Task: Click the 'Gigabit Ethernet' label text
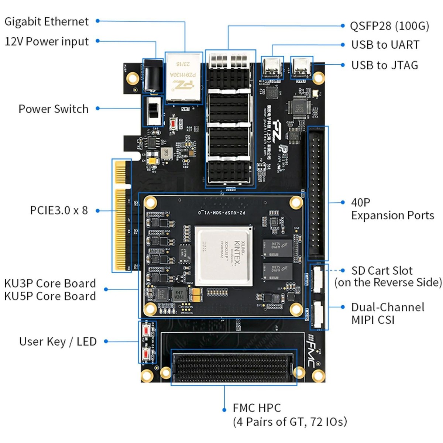(x=47, y=21)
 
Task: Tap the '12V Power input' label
(x=47, y=41)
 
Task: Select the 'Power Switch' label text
(x=54, y=109)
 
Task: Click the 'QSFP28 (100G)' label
(x=389, y=26)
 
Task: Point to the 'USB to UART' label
(x=385, y=45)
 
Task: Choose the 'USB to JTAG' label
(x=384, y=65)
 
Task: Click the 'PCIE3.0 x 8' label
(x=59, y=210)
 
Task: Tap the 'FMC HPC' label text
(x=257, y=408)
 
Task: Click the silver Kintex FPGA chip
(x=224, y=255)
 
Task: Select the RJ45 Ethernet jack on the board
(x=183, y=78)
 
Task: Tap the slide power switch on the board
(x=152, y=110)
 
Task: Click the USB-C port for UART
(x=272, y=67)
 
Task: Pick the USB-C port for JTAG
(x=302, y=67)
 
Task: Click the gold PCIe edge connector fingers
(x=121, y=216)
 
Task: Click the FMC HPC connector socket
(x=233, y=366)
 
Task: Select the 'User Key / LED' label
(x=58, y=341)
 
